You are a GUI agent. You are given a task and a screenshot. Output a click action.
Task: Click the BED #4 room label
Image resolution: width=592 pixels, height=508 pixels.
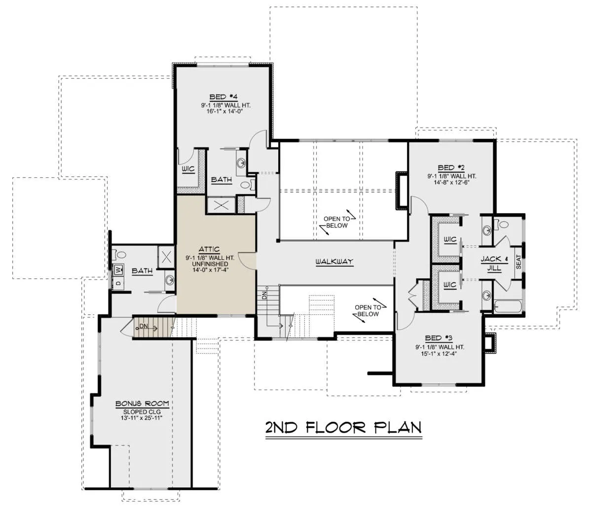(225, 97)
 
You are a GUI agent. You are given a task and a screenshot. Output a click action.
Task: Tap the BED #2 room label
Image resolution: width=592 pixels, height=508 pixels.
(451, 168)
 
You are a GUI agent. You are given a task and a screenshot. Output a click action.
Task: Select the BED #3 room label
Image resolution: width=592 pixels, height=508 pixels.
(439, 338)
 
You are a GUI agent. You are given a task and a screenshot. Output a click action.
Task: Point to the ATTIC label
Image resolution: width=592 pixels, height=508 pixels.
(209, 249)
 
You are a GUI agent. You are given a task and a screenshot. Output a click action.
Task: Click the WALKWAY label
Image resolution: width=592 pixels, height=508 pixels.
(334, 262)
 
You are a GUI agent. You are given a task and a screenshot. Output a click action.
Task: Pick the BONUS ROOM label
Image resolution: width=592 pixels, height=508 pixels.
(142, 404)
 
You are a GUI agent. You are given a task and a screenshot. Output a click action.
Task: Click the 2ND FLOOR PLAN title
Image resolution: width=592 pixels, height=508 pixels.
(343, 428)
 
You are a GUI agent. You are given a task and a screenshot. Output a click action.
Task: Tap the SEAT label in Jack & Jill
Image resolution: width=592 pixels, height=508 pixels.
(518, 262)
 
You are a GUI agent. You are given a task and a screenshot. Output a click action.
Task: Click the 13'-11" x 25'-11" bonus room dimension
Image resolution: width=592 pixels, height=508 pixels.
(142, 418)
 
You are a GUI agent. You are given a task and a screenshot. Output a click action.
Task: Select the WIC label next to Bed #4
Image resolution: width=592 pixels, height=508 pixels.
(188, 169)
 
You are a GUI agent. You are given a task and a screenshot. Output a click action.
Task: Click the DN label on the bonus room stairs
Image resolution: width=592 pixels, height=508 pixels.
(144, 326)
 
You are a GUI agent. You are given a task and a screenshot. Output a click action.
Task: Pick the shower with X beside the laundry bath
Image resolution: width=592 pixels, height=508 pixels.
(167, 257)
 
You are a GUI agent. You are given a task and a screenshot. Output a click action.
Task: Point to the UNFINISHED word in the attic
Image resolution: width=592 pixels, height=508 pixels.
(210, 264)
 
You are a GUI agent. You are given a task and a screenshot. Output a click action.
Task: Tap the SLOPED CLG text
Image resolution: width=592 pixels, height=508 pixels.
(142, 412)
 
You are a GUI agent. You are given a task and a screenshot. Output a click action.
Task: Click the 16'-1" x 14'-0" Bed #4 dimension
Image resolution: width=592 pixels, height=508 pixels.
(225, 111)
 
